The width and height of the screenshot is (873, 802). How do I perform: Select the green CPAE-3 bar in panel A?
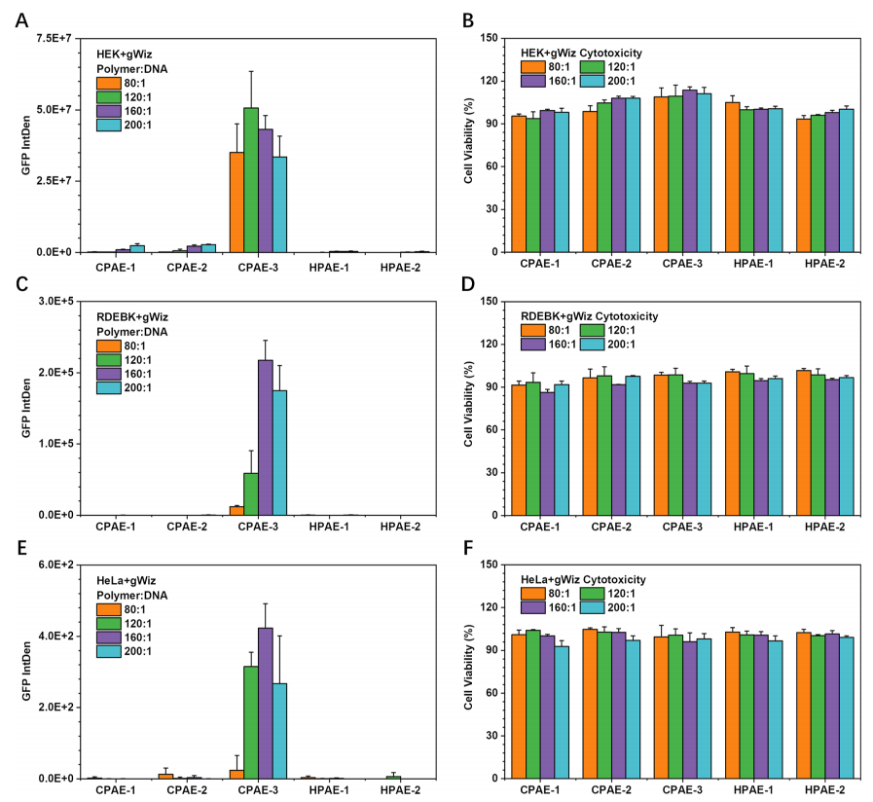tap(251, 180)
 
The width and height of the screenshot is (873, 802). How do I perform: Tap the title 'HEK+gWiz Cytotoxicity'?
tap(582, 52)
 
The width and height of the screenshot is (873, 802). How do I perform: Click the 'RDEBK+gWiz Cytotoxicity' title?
tap(589, 316)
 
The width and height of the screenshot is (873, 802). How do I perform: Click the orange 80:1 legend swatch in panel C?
tap(107, 345)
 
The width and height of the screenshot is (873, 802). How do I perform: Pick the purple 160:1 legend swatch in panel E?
tap(107, 637)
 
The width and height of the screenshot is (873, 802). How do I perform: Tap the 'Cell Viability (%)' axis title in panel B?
tap(470, 145)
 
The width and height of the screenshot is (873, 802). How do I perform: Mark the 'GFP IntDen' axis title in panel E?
tap(27, 672)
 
